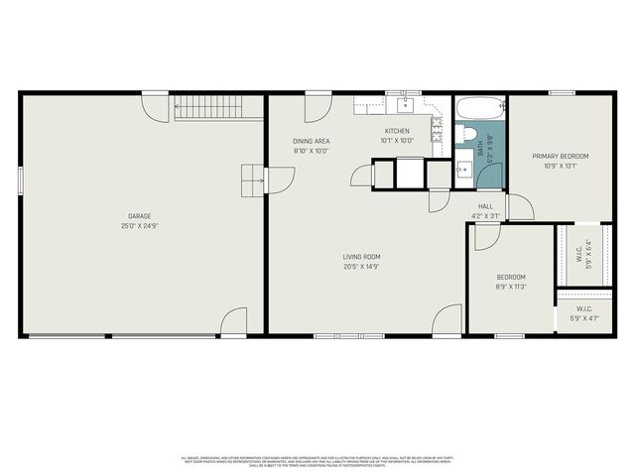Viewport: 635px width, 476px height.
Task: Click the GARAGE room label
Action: pyautogui.click(x=139, y=215)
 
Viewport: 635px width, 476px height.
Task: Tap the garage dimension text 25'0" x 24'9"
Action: pyautogui.click(x=139, y=226)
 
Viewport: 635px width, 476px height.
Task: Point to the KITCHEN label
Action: pyautogui.click(x=397, y=131)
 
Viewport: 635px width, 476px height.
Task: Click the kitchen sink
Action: pyautogui.click(x=405, y=104)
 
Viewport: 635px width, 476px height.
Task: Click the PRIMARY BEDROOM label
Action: pyautogui.click(x=560, y=156)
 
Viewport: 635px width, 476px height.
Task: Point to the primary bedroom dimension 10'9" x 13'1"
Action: pyautogui.click(x=560, y=166)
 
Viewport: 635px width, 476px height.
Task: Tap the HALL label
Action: pyautogui.click(x=486, y=206)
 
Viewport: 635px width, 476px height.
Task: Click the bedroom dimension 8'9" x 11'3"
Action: pyautogui.click(x=511, y=287)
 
